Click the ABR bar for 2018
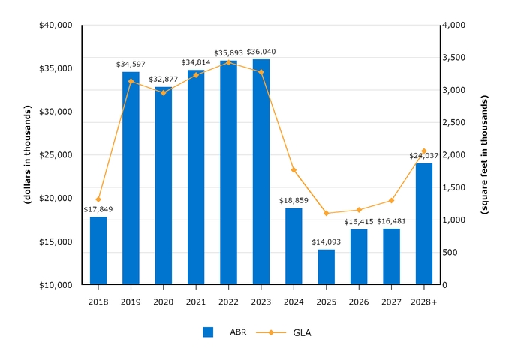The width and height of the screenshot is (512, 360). coord(98,250)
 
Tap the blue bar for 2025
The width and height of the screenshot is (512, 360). coord(327,267)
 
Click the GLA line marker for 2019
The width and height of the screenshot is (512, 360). coord(131,81)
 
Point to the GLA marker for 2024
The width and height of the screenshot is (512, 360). coord(294,170)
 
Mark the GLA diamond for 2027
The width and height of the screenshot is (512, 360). coord(391,200)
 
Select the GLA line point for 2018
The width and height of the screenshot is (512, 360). coord(98,199)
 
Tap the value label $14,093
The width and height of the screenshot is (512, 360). coord(327,242)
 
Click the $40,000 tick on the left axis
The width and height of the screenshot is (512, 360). coord(55,25)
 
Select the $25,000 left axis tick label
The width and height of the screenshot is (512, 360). coord(55,155)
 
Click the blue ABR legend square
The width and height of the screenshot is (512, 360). coord(208,332)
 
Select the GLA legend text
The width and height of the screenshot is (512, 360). coord(302,332)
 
